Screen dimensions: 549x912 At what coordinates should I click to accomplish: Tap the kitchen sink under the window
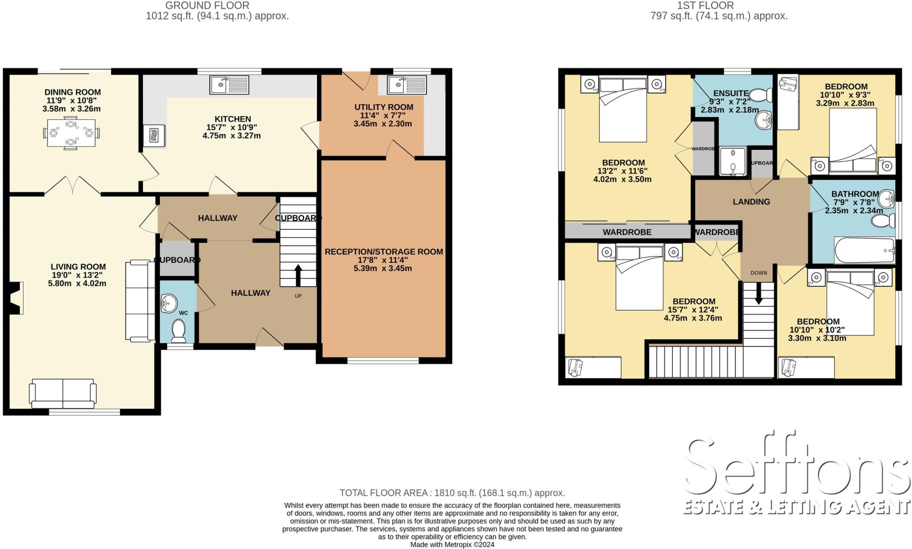click(229, 85)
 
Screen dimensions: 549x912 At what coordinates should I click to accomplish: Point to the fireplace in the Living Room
click(14, 298)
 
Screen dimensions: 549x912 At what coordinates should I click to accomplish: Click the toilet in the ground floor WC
click(179, 331)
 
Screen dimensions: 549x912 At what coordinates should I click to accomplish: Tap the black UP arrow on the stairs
click(298, 275)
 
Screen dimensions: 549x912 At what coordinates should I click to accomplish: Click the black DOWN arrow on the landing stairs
click(758, 294)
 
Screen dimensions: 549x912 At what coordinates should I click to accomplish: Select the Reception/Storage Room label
click(383, 252)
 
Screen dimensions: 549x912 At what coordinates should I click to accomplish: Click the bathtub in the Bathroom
click(864, 251)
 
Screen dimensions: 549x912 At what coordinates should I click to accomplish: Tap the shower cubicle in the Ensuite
click(733, 161)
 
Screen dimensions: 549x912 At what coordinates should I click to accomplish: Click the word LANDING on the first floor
click(751, 202)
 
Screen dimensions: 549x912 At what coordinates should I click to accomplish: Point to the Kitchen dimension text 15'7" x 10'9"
click(232, 127)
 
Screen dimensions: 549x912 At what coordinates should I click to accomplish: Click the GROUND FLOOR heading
click(207, 5)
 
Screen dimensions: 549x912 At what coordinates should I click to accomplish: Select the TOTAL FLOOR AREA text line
click(452, 493)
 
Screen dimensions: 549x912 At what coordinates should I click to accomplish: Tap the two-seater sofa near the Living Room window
click(63, 393)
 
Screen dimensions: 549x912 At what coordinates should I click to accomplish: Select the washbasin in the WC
click(168, 303)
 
